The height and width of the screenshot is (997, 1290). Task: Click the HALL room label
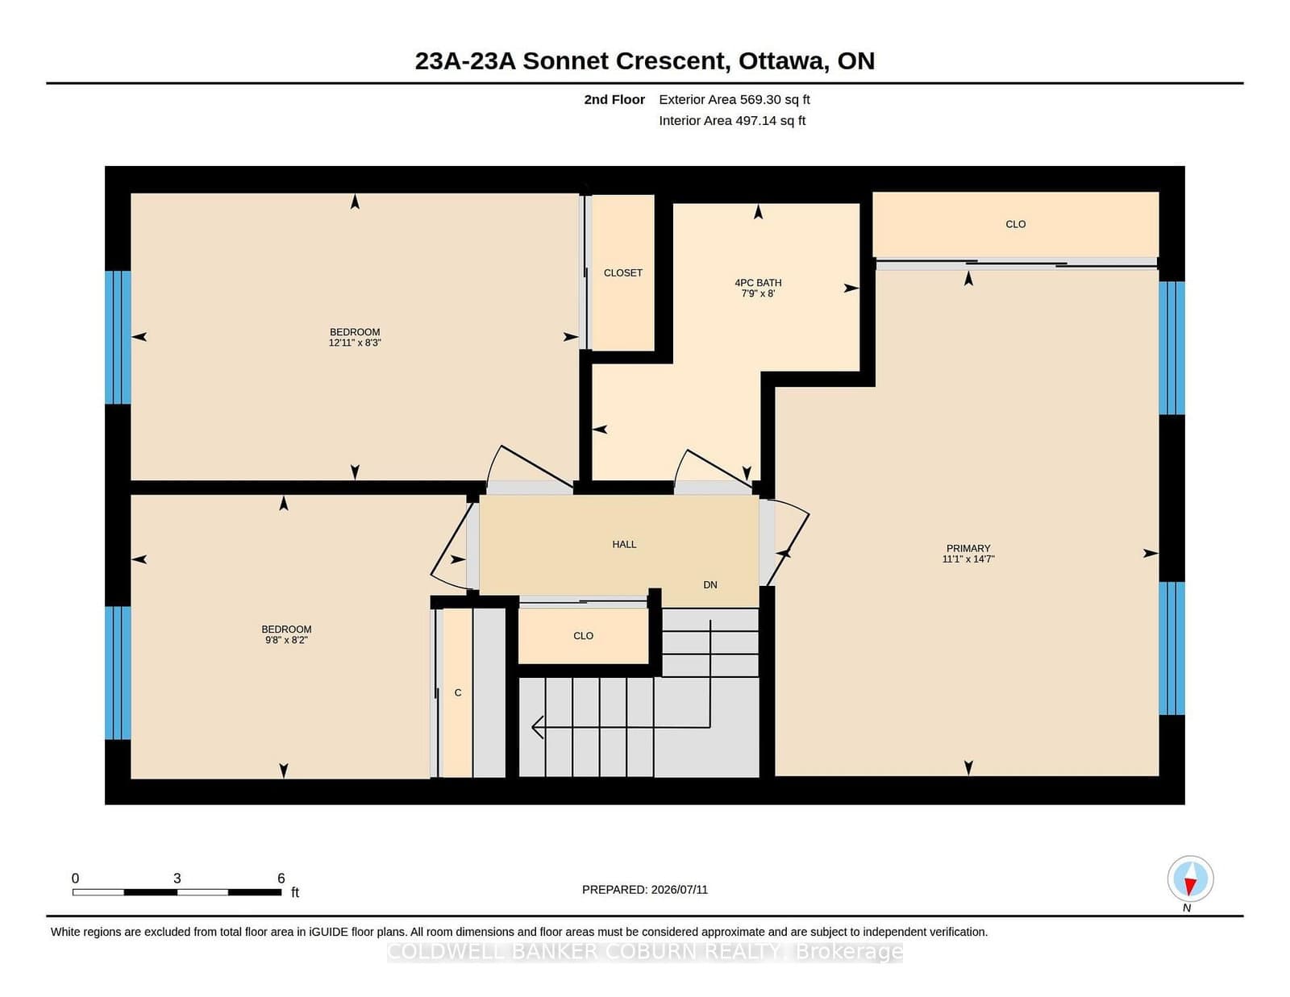624,544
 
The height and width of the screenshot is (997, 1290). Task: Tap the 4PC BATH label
758,283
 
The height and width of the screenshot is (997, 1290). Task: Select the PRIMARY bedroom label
968,548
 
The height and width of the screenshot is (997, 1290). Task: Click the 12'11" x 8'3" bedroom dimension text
355,343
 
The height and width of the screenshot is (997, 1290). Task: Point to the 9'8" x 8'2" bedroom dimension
286,640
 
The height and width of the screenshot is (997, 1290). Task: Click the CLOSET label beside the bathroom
622,273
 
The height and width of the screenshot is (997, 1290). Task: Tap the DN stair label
710,585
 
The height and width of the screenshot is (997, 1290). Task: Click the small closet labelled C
458,692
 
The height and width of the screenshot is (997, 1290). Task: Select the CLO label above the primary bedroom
1016,224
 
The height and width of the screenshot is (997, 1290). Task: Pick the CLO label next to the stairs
583,636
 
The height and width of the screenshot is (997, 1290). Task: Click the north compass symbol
1190,879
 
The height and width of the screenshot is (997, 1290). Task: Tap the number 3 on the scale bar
177,879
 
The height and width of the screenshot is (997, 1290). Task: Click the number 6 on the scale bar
281,879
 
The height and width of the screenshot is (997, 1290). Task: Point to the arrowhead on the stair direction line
537,727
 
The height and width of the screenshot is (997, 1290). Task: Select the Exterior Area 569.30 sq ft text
734,100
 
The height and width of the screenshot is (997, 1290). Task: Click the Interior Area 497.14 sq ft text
732,121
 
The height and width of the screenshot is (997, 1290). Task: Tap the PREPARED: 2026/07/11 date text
645,890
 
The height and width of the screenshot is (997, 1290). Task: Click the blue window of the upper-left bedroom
119,337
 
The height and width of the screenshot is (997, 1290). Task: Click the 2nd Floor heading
614,100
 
